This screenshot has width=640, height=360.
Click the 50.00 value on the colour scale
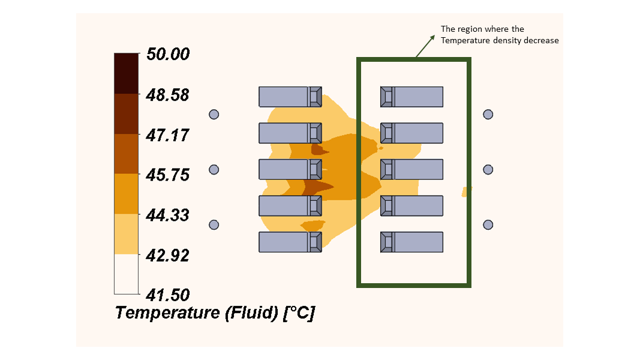point(167,54)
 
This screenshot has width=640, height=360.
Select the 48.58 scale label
point(167,95)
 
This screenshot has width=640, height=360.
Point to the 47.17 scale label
point(167,135)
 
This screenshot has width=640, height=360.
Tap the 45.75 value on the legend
point(167,175)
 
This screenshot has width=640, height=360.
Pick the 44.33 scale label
point(167,215)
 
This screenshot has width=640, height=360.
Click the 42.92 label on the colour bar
point(167,255)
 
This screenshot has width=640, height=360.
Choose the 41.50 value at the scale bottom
point(167,295)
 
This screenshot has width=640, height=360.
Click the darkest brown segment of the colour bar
point(127,73)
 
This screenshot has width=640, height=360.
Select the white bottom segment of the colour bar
point(127,274)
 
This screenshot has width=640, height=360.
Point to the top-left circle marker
point(214,114)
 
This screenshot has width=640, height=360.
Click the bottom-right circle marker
point(488,224)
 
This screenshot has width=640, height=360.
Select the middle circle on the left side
point(214,170)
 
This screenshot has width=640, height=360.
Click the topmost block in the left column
point(290,97)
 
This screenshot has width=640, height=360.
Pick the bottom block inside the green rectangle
point(412,242)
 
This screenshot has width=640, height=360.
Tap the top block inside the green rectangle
point(412,97)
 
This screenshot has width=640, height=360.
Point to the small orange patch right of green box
point(467,191)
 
